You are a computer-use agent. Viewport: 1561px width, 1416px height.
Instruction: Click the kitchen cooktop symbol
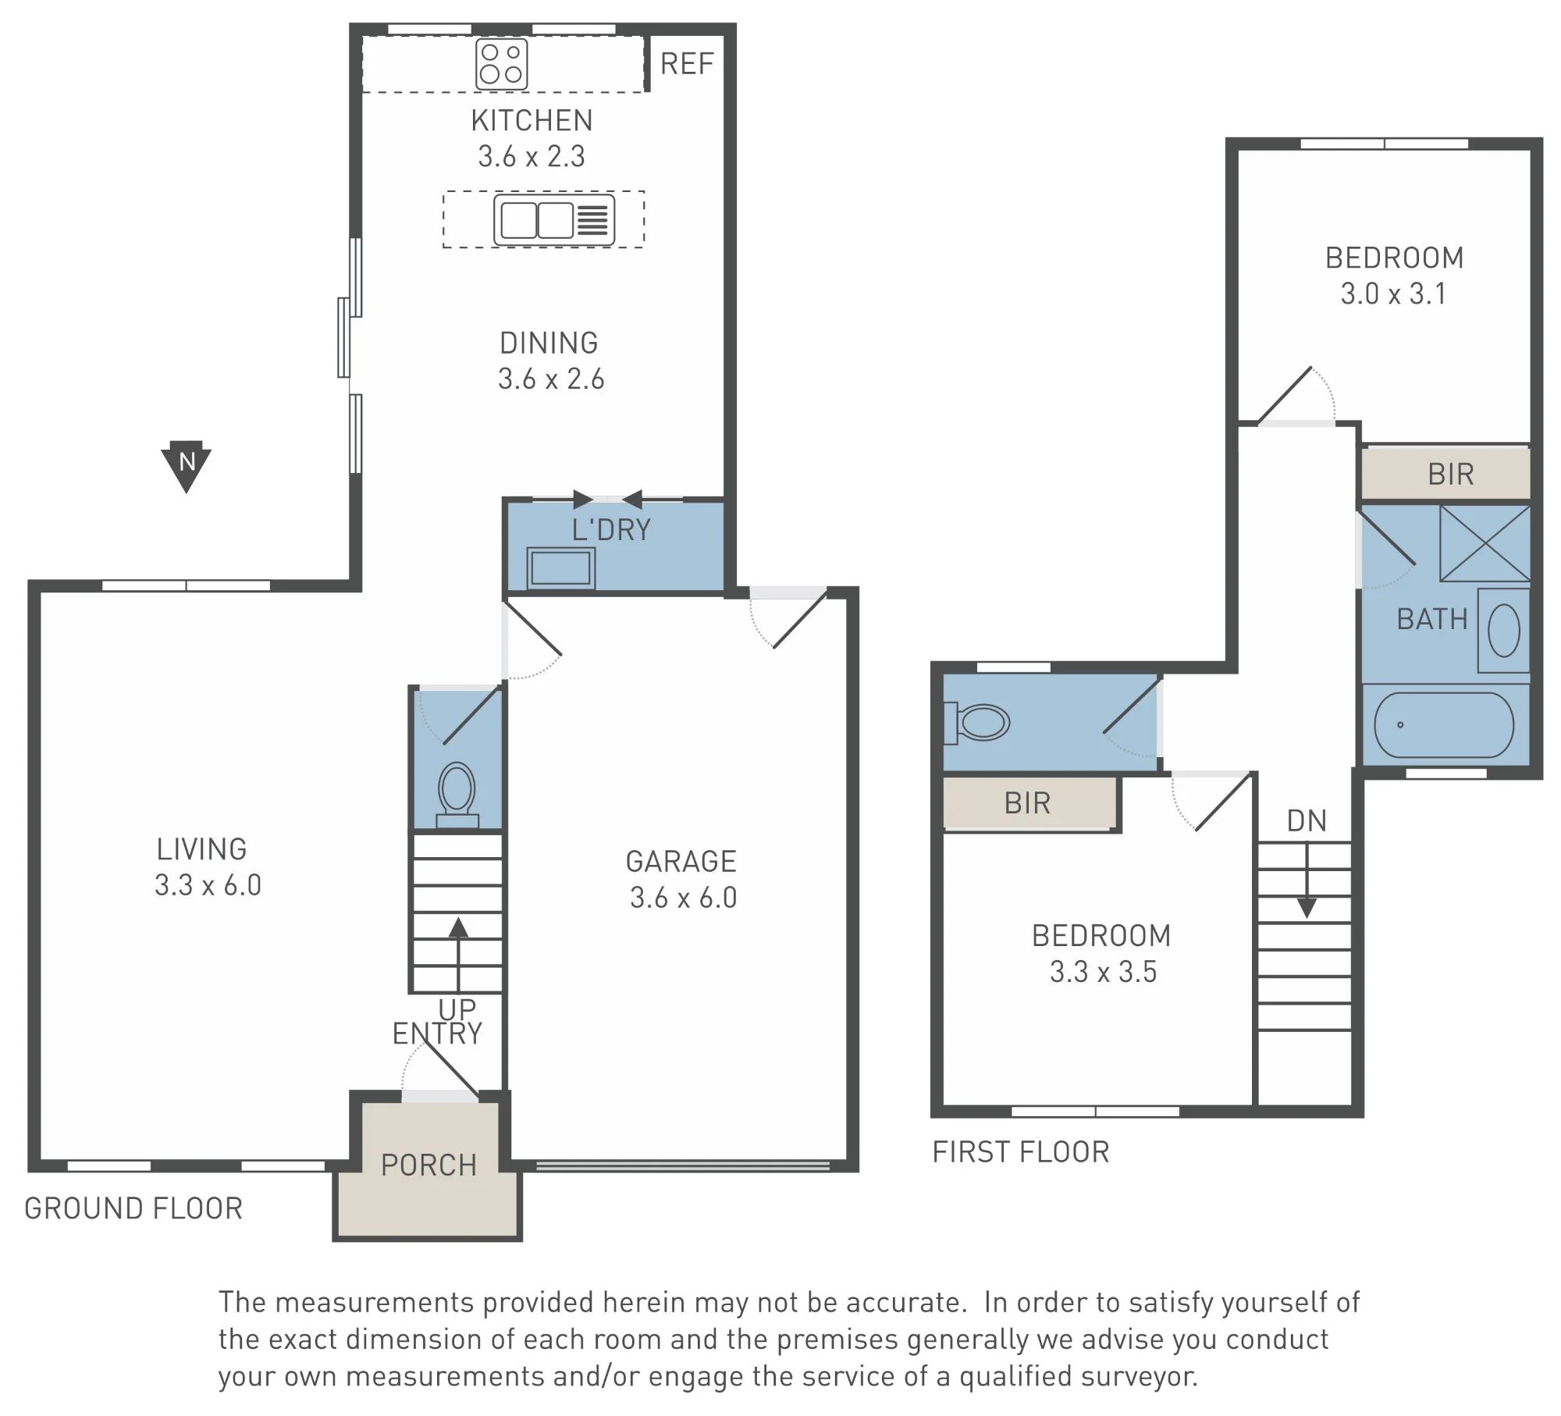point(502,65)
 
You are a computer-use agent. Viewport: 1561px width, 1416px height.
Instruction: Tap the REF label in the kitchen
point(687,64)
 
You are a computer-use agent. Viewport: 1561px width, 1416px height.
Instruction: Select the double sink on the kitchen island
point(554,220)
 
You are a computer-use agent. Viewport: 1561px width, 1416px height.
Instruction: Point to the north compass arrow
point(187,466)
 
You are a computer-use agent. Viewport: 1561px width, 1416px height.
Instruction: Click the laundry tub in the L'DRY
point(561,568)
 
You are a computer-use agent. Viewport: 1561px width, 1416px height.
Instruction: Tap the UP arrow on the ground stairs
point(458,954)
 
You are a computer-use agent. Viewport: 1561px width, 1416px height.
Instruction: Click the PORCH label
point(428,1165)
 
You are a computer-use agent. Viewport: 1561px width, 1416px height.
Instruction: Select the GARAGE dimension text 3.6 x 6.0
point(684,898)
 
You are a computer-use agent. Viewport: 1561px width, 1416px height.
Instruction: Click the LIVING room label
point(202,849)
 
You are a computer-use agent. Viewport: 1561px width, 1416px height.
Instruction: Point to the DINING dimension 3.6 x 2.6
point(552,379)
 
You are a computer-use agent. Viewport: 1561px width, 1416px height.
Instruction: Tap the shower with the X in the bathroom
point(1485,543)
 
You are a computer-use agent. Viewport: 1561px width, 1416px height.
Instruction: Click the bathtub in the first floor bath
point(1444,725)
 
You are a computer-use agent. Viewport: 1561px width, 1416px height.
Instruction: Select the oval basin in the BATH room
point(1504,631)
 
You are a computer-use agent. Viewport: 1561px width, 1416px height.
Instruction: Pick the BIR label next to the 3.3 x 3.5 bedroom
point(1027,803)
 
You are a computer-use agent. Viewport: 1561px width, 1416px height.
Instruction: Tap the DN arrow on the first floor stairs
point(1307,881)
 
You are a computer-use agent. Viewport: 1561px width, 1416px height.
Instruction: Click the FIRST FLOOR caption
point(1021,1152)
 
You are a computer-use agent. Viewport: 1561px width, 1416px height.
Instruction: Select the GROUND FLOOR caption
point(133,1208)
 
